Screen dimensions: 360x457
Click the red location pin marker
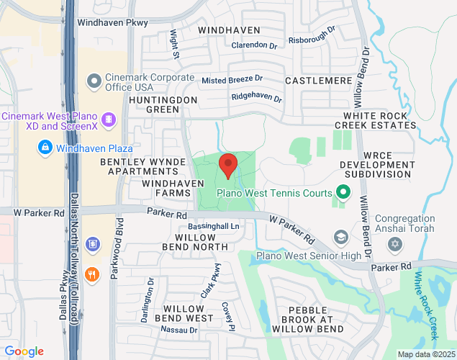(x=228, y=165)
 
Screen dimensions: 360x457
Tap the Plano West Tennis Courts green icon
(x=343, y=192)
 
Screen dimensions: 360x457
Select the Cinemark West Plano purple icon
(x=108, y=117)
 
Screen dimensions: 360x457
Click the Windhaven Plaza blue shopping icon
(x=45, y=148)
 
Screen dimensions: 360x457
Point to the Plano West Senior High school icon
(x=340, y=238)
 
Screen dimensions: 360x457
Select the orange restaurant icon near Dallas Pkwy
(x=91, y=274)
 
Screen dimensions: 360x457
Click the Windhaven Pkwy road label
(x=112, y=22)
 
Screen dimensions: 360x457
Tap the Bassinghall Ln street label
(x=209, y=226)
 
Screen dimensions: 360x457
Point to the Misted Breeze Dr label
(x=232, y=79)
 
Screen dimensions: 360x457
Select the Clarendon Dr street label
(x=254, y=45)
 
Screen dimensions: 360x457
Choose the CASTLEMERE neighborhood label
(x=317, y=79)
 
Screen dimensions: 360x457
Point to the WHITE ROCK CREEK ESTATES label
(x=379, y=120)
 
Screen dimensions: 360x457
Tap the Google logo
(x=24, y=351)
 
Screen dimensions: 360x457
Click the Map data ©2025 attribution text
(x=426, y=354)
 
